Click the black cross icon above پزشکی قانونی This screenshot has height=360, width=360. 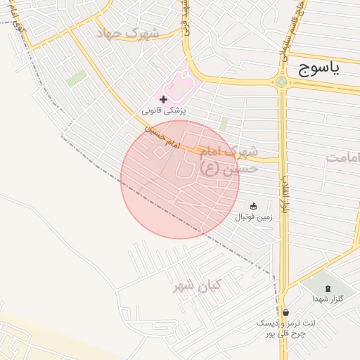(164, 100)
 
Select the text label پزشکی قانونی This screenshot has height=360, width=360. (163, 111)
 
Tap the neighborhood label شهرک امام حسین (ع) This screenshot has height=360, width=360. (229, 160)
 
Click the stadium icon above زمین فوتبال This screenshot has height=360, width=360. (253, 206)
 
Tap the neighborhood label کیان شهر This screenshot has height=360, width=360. (198, 285)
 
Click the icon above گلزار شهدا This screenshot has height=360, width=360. (328, 288)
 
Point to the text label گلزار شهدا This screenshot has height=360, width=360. (328, 299)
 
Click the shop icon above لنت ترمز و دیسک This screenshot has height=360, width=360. (285, 312)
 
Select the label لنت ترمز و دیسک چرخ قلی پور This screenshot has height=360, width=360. (285, 328)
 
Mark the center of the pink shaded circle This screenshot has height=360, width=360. (180, 179)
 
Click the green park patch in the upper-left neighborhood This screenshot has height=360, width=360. (77, 78)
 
